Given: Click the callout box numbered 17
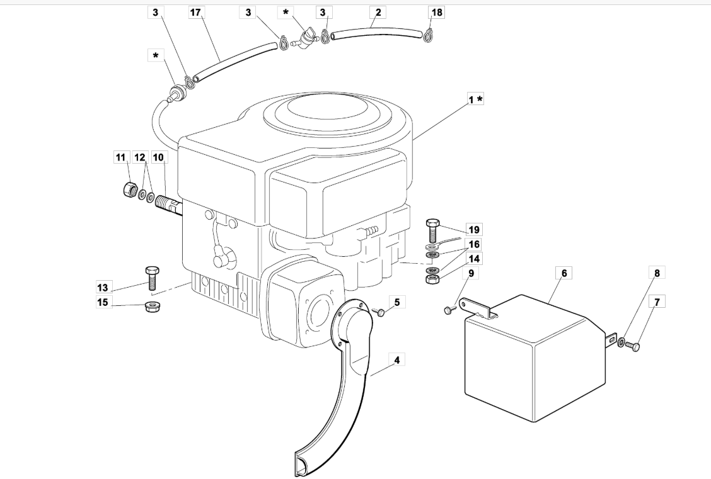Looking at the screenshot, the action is tap(195, 12).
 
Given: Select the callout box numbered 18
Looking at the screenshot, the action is tap(437, 12).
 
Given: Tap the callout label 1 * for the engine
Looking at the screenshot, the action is tap(476, 99).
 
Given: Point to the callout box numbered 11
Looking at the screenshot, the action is tap(120, 157).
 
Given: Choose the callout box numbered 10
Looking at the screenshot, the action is tap(158, 157).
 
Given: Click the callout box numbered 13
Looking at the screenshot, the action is tap(103, 287).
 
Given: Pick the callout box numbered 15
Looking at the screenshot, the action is tap(103, 302).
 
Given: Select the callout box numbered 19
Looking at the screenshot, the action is tap(474, 230).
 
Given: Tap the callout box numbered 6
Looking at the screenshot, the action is tap(564, 273).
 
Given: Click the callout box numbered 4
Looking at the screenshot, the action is tap(397, 360).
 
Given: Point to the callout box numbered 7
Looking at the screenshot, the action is tap(657, 301).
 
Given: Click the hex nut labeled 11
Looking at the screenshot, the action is tap(130, 189).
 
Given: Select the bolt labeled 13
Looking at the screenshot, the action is tap(152, 278).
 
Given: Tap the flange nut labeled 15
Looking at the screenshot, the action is tap(152, 307).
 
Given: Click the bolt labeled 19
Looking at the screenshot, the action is tap(432, 230).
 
